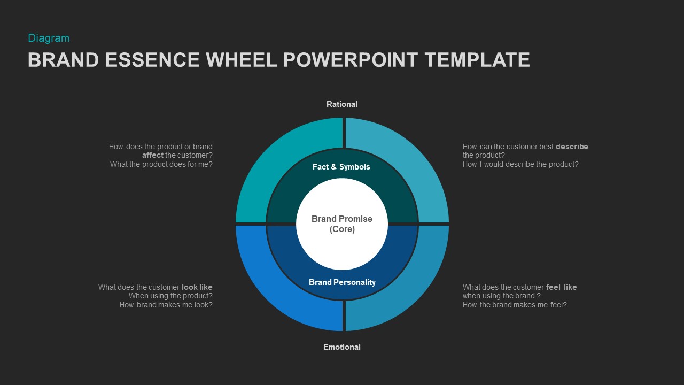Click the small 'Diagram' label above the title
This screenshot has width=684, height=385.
[x=49, y=38]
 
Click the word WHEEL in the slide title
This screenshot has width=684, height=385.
[x=242, y=60]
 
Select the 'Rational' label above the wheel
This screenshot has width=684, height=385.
[x=342, y=104]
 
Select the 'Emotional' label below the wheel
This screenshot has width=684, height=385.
[x=342, y=347]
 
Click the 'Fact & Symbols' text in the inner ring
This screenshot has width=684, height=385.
[x=341, y=167]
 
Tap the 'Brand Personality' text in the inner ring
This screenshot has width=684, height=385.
[x=342, y=282]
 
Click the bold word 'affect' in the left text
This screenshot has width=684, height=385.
[x=153, y=156]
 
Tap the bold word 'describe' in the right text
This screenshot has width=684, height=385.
[x=572, y=147]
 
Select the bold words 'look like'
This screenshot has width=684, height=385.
[x=197, y=287]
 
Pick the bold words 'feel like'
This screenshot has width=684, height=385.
[x=561, y=287]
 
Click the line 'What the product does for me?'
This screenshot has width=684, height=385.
[x=161, y=164]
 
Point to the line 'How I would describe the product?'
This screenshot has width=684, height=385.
[x=520, y=164]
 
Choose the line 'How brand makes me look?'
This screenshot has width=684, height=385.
[x=166, y=305]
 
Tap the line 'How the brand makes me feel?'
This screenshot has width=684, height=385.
[x=515, y=305]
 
